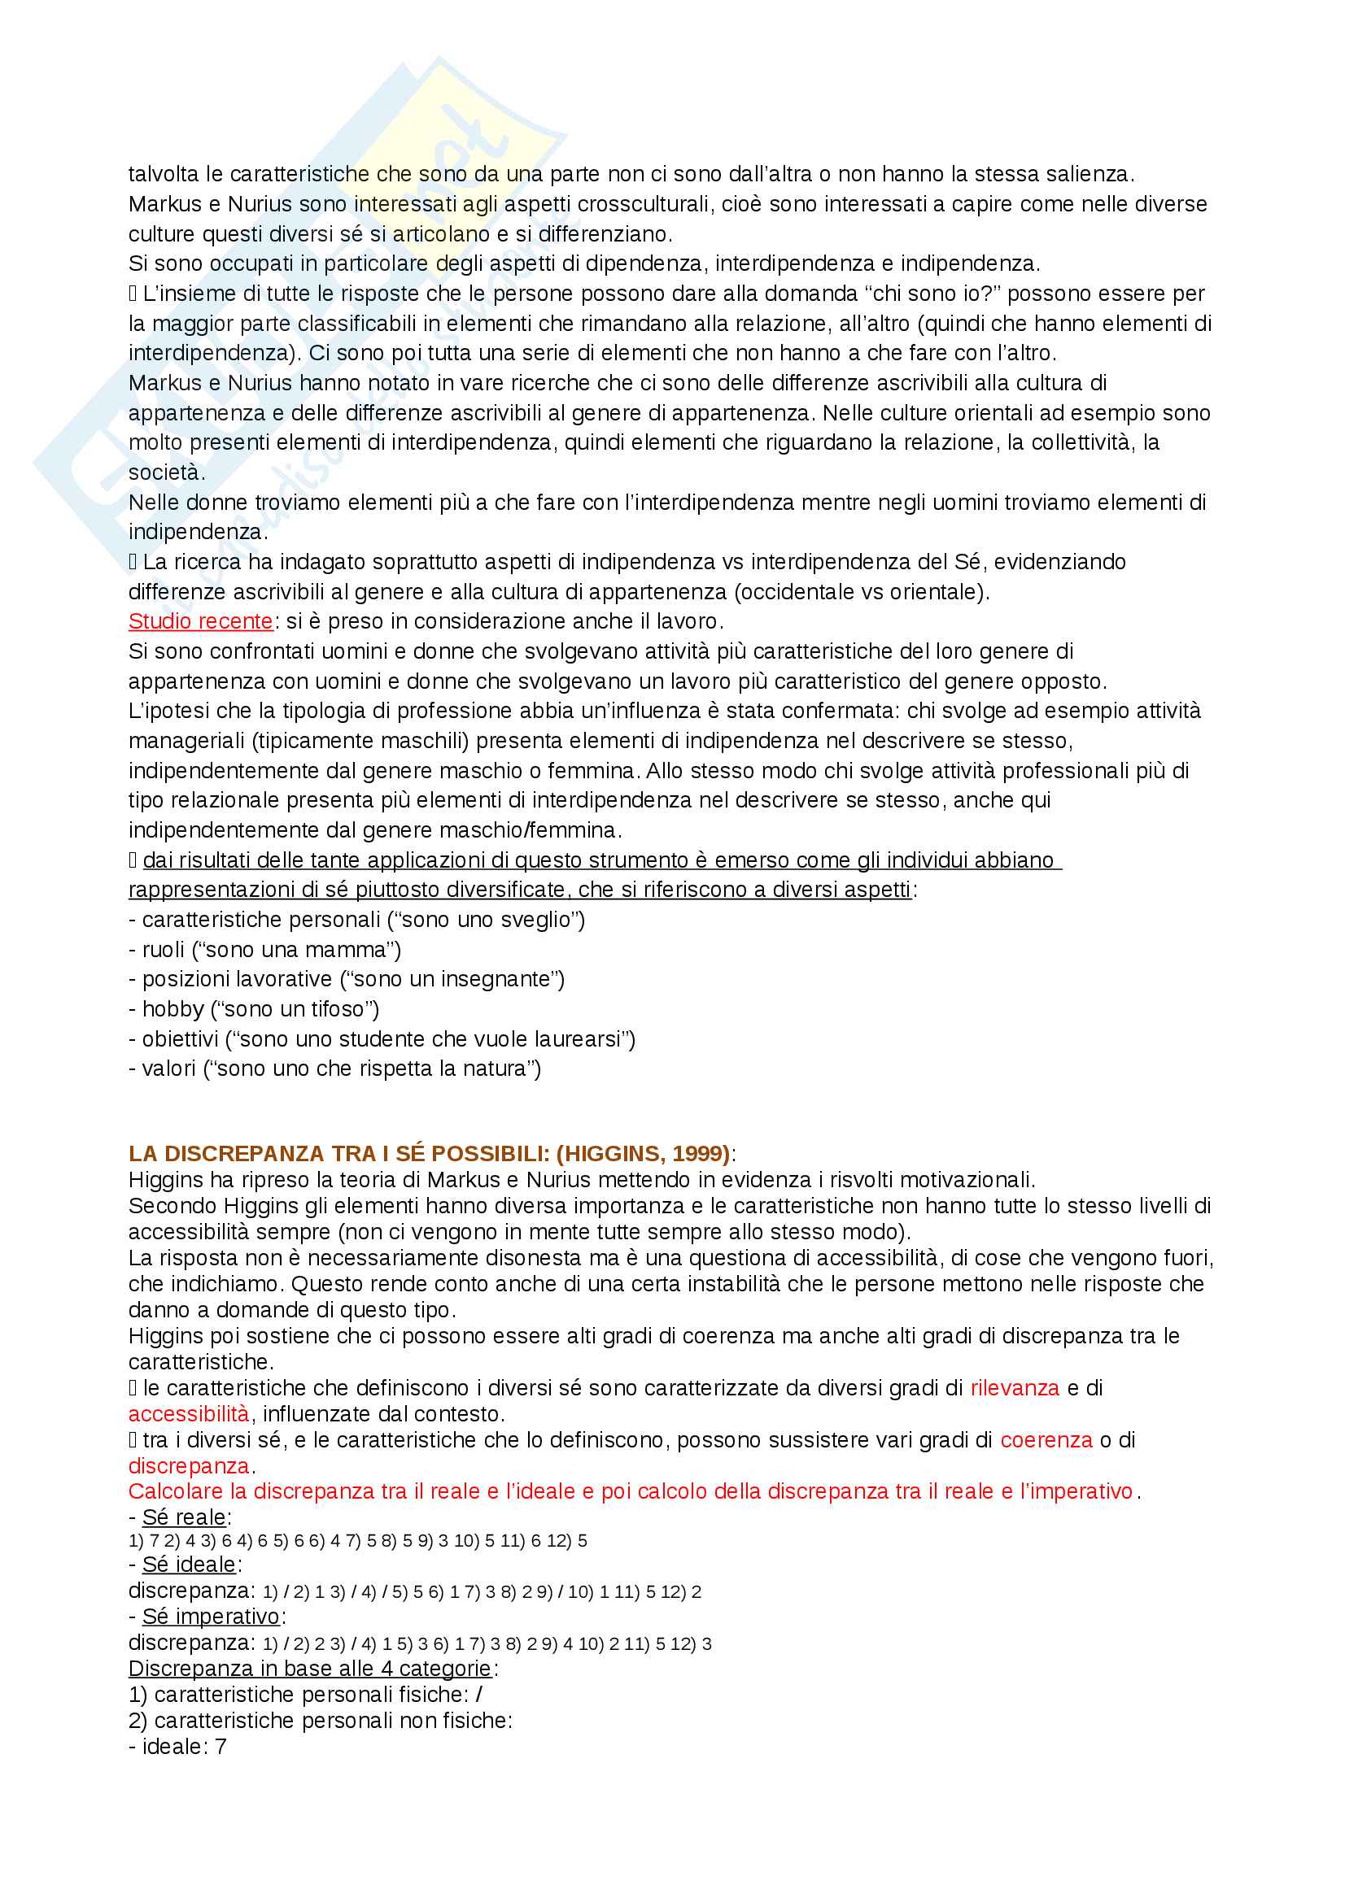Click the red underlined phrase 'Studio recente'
pyautogui.click(x=200, y=621)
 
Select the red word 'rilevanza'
pyautogui.click(x=1015, y=1388)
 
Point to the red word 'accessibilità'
pyautogui.click(x=188, y=1414)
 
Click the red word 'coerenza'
pyautogui.click(x=1046, y=1441)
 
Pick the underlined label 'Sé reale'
pyautogui.click(x=184, y=1517)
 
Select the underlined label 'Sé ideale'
pyautogui.click(x=189, y=1565)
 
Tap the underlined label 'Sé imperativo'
pyautogui.click(x=212, y=1617)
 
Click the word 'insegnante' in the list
pyautogui.click(x=496, y=980)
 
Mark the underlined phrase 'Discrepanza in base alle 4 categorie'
pyautogui.click(x=310, y=1669)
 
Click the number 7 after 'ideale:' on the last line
pyautogui.click(x=221, y=1747)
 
